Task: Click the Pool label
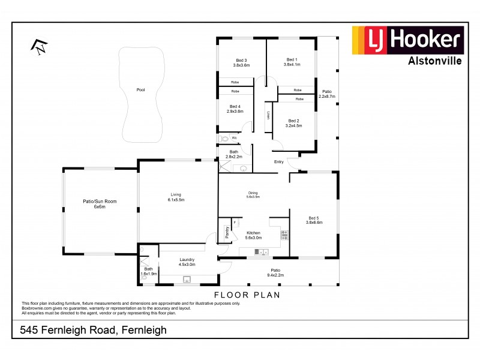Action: pyautogui.click(x=140, y=90)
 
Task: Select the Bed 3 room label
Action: pyautogui.click(x=241, y=60)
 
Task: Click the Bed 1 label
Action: pyautogui.click(x=291, y=59)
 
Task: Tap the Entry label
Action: pyautogui.click(x=278, y=162)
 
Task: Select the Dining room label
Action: pyautogui.click(x=253, y=193)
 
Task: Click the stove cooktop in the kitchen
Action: pyautogui.click(x=284, y=234)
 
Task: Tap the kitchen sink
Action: pyautogui.click(x=262, y=251)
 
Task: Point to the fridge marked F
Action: pyautogui.click(x=235, y=222)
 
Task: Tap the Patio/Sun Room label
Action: pyautogui.click(x=99, y=202)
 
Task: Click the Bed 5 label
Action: pyautogui.click(x=314, y=218)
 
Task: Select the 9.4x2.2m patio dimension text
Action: pyautogui.click(x=275, y=276)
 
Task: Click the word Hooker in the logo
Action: pyautogui.click(x=426, y=40)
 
